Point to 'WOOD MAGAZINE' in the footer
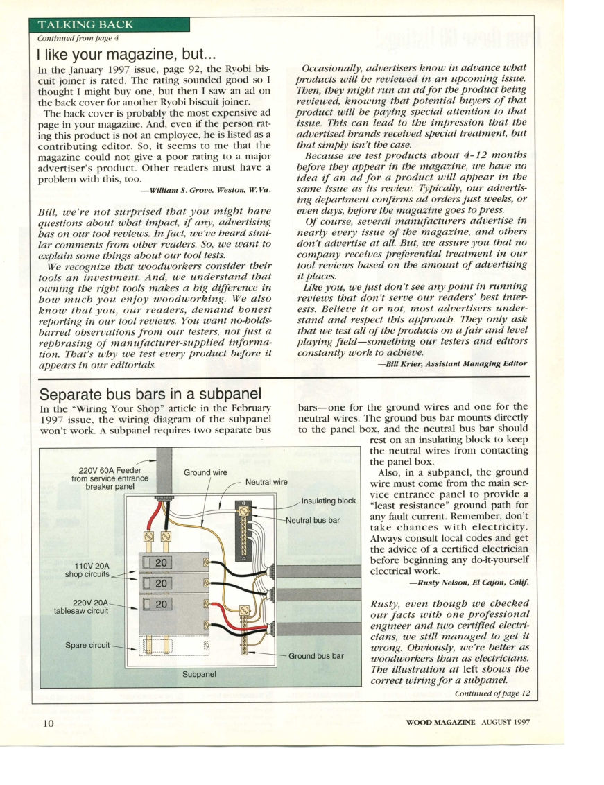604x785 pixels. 440,722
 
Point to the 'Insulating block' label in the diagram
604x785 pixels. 329,501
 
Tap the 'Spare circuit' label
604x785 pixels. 87,645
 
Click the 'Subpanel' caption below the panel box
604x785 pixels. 199,673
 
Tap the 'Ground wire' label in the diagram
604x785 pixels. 205,473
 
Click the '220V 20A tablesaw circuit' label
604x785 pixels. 82,606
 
